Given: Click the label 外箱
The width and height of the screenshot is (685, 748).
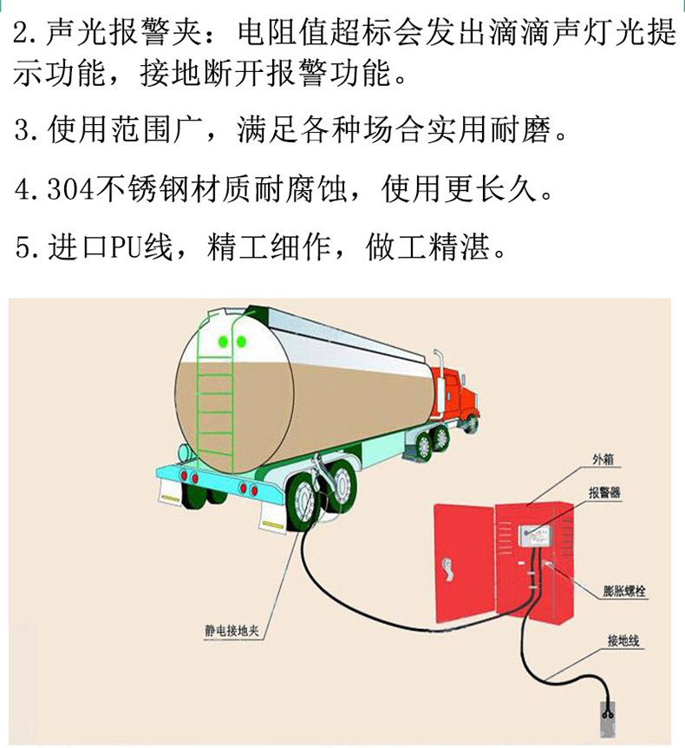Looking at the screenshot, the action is (x=603, y=459).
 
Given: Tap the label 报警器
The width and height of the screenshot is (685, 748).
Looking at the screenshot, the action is (x=604, y=492).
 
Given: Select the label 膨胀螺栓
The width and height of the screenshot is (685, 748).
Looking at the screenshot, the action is (x=624, y=592).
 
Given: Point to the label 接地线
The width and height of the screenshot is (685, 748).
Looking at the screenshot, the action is (x=623, y=640).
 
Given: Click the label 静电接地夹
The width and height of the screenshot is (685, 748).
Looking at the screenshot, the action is (x=232, y=631).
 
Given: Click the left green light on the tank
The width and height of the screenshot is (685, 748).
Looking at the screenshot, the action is (x=223, y=342).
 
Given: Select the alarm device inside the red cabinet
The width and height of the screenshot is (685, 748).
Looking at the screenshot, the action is (x=535, y=536).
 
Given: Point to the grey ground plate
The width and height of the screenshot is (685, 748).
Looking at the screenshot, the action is (x=607, y=719).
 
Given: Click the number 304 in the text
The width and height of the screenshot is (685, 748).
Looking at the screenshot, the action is (x=71, y=190).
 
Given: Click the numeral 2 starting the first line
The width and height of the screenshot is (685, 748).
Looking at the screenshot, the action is (x=21, y=33).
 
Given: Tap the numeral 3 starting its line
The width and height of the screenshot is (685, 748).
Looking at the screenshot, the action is (x=22, y=130).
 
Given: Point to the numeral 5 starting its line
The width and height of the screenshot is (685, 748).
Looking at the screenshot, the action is (x=22, y=248).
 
